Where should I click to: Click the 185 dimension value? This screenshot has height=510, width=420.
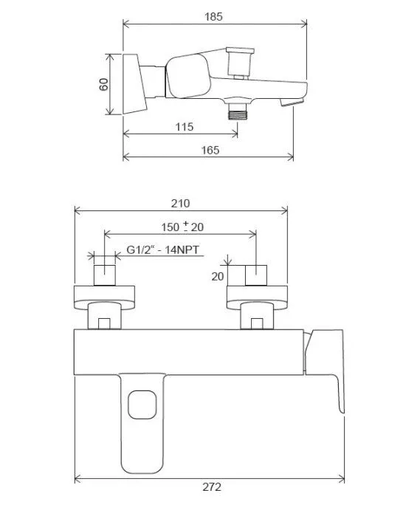[213, 16]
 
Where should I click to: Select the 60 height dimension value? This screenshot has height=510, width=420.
[104, 84]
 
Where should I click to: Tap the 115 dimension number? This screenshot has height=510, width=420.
[185, 126]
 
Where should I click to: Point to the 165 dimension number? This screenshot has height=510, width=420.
[210, 150]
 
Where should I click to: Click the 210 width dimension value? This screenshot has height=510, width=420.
[180, 203]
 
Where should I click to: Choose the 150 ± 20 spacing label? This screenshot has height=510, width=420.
[182, 226]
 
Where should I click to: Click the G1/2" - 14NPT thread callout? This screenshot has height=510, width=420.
[162, 249]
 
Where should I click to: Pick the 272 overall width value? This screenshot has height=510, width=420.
[212, 487]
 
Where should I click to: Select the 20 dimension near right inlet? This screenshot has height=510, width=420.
[218, 277]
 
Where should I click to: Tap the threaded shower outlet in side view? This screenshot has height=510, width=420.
[237, 113]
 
